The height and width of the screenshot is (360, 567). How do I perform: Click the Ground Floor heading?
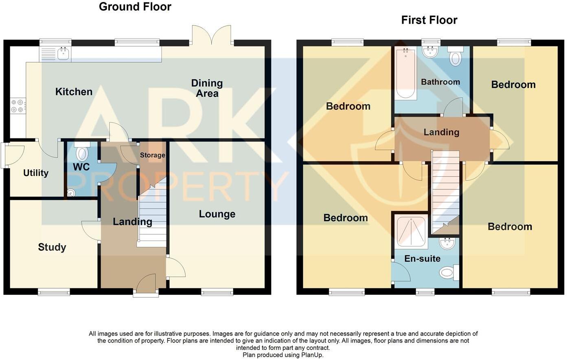[x=135, y=7]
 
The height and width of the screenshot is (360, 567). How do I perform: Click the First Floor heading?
[x=429, y=20]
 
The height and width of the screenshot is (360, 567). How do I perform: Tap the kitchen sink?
[x=63, y=54]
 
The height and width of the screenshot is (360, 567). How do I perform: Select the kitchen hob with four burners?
[x=18, y=106]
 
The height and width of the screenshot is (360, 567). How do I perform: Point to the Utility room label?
[x=36, y=173]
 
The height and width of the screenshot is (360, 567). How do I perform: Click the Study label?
[x=52, y=247]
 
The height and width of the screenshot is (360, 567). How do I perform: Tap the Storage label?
[x=153, y=155]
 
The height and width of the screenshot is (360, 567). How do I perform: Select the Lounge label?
[x=217, y=214]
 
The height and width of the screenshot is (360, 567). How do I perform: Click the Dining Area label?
[x=207, y=88]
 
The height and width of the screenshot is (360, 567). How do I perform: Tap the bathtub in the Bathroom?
[x=405, y=73]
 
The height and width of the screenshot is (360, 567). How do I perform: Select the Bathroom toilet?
[x=455, y=57]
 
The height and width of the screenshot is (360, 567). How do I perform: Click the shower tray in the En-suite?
[x=412, y=232]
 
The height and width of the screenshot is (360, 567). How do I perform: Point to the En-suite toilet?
[x=449, y=272]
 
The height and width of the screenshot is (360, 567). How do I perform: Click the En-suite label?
[x=422, y=259]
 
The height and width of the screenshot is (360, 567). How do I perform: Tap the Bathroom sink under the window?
[x=431, y=52]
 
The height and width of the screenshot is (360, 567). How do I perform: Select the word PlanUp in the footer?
[x=312, y=355]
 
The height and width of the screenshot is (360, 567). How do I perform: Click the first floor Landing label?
[x=441, y=132]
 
